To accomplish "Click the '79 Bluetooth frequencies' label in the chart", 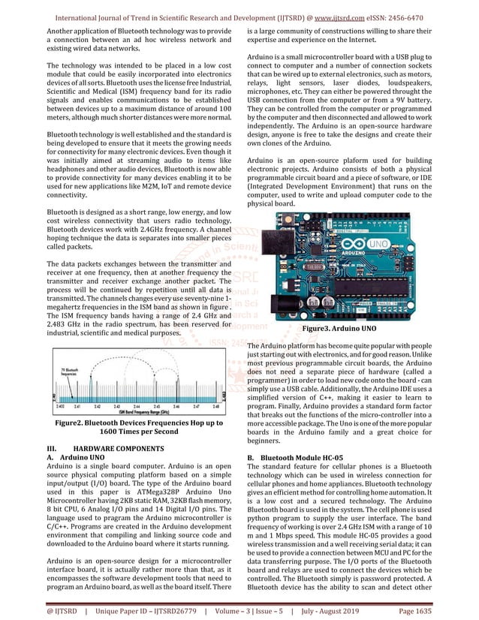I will (72, 371).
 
